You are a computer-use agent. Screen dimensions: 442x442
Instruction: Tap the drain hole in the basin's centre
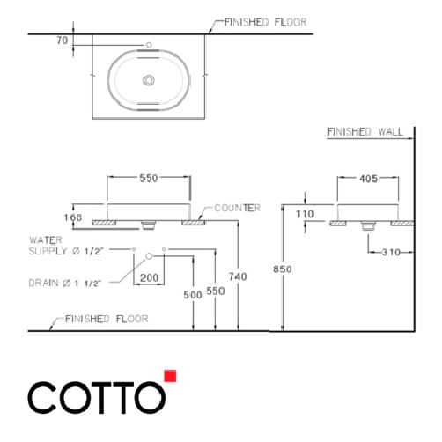coord(150,80)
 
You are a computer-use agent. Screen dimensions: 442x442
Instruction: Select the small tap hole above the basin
coord(150,44)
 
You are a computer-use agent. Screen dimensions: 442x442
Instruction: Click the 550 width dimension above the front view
coord(149,179)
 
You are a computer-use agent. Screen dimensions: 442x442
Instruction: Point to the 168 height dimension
coord(73,217)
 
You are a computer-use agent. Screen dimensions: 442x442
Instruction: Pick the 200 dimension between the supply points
coord(149,276)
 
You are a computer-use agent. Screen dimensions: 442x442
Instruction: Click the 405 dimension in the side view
coord(368,179)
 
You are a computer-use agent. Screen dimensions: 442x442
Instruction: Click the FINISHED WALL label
coord(365,132)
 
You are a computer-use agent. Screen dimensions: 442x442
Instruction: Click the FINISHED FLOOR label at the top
coord(265,22)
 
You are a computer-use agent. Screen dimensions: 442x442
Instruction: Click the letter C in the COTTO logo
coord(44,399)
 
